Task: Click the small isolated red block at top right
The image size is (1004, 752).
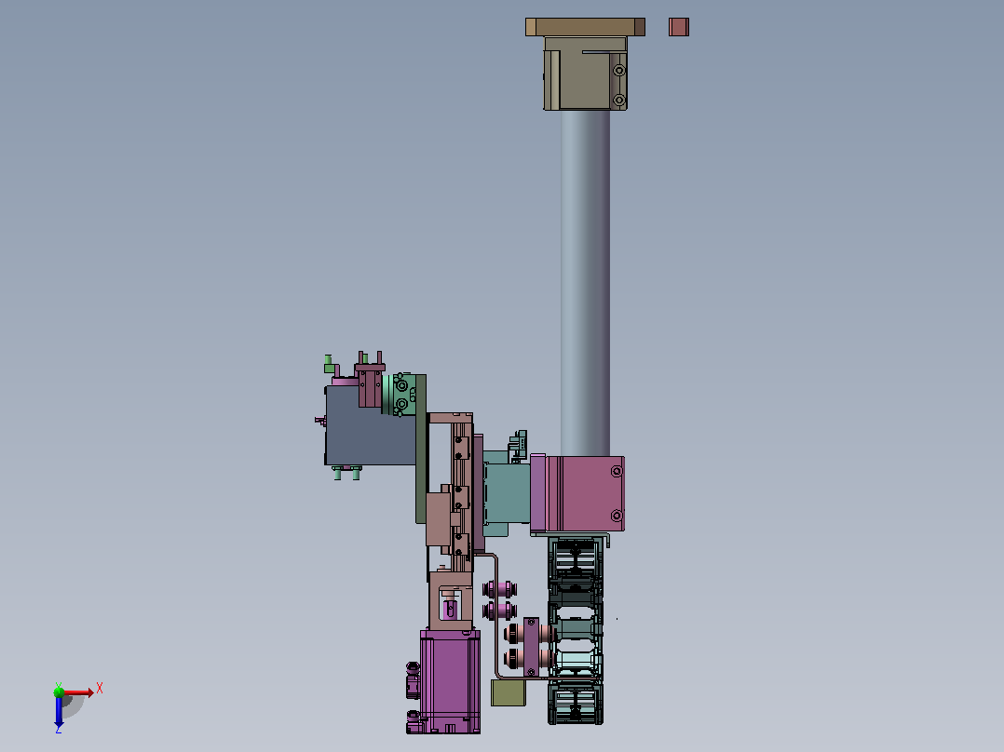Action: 679,27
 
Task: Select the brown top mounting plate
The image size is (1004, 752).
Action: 585,27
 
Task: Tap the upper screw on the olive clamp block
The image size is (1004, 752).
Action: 619,71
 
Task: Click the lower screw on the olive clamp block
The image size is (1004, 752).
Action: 619,100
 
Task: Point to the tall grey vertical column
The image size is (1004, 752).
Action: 585,283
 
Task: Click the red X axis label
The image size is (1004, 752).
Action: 100,689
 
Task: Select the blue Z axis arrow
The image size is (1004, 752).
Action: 59,710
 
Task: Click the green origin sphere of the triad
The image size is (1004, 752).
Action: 59,692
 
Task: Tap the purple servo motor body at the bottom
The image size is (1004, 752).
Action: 450,681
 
